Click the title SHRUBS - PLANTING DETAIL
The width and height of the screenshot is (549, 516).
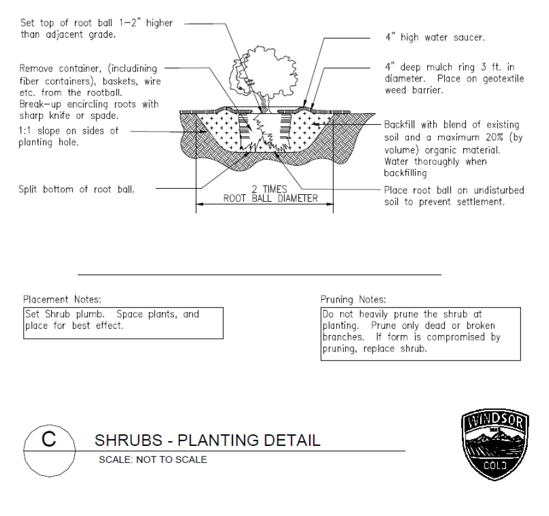(x=206, y=441)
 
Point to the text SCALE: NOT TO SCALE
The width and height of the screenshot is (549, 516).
(x=153, y=459)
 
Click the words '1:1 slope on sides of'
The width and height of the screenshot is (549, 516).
(x=70, y=130)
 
